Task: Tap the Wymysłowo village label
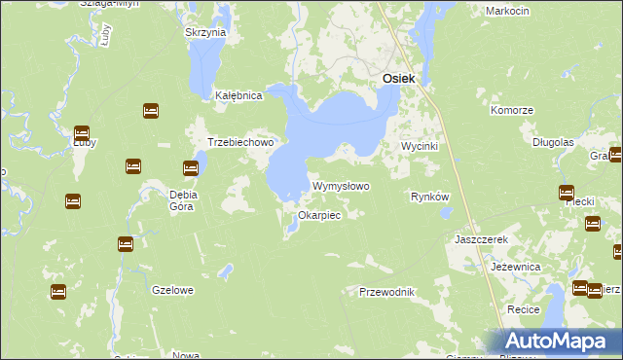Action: click(x=341, y=185)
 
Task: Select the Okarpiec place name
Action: click(x=319, y=215)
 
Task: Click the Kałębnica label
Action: click(x=239, y=95)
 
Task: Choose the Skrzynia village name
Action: click(x=205, y=32)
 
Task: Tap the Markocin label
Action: click(x=505, y=11)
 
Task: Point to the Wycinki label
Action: click(x=422, y=146)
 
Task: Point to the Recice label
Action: click(x=524, y=308)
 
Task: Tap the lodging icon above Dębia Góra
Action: click(x=192, y=168)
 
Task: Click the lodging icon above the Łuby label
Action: click(x=82, y=132)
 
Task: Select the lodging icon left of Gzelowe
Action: click(x=58, y=291)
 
